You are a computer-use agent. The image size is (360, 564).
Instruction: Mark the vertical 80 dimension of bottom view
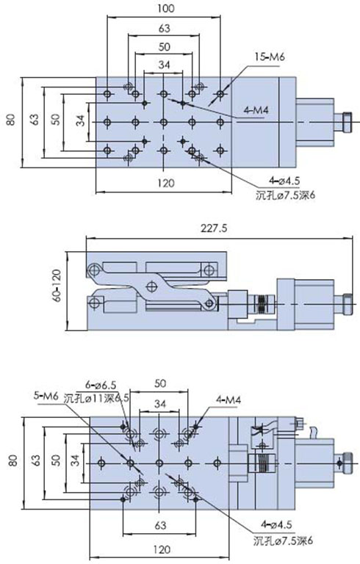pyautogui.click(x=10, y=462)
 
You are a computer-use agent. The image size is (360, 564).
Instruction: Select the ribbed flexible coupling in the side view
pyautogui.click(x=262, y=302)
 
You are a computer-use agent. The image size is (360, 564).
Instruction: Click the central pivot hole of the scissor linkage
pyautogui.click(x=152, y=285)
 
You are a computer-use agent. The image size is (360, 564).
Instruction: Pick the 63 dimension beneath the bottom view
pyautogui.click(x=159, y=525)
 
